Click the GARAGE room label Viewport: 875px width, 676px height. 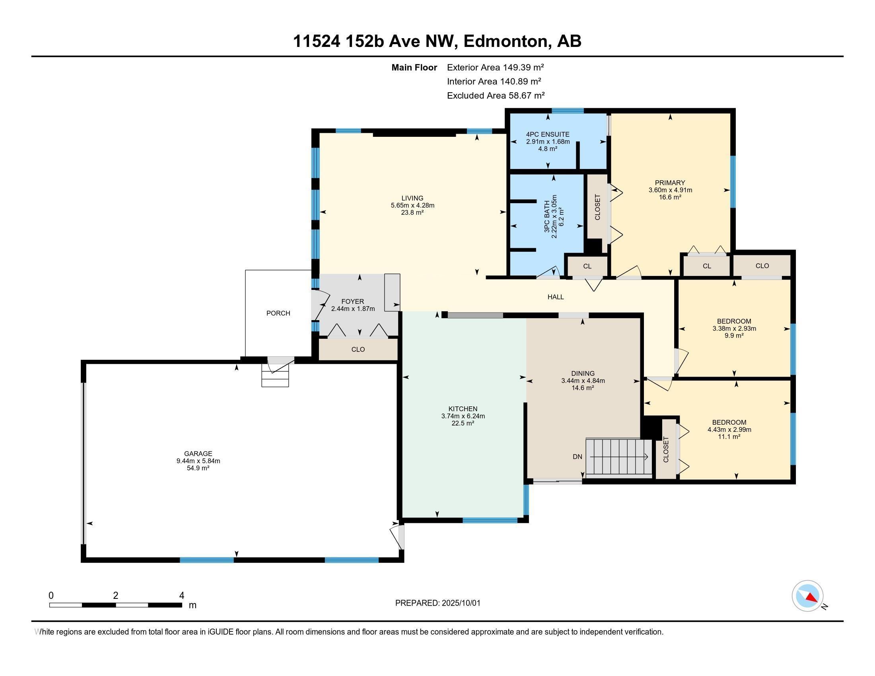coord(198,453)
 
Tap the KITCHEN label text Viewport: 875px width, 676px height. coord(463,408)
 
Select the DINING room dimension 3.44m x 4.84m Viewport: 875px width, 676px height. coord(583,381)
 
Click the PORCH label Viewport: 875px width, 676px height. coord(278,313)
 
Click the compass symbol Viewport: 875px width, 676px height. coord(807,596)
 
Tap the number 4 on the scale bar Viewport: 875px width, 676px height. coord(181,596)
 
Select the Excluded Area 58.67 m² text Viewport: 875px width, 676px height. coord(496,95)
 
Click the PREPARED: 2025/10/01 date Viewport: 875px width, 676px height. coord(437,603)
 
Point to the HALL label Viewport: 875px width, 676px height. coord(556,297)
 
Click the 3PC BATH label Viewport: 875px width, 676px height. coord(547,216)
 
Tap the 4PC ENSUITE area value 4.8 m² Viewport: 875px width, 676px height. coord(548,149)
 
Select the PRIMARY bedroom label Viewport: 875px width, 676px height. coord(670,183)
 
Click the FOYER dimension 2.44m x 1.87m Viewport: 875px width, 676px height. coord(353,309)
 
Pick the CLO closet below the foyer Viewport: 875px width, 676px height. coord(358,349)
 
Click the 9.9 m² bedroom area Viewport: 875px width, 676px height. coord(734,336)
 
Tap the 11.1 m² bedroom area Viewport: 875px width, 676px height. coord(729,437)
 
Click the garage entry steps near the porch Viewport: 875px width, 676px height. coord(275,378)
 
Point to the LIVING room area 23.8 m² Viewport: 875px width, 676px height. coord(412,213)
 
